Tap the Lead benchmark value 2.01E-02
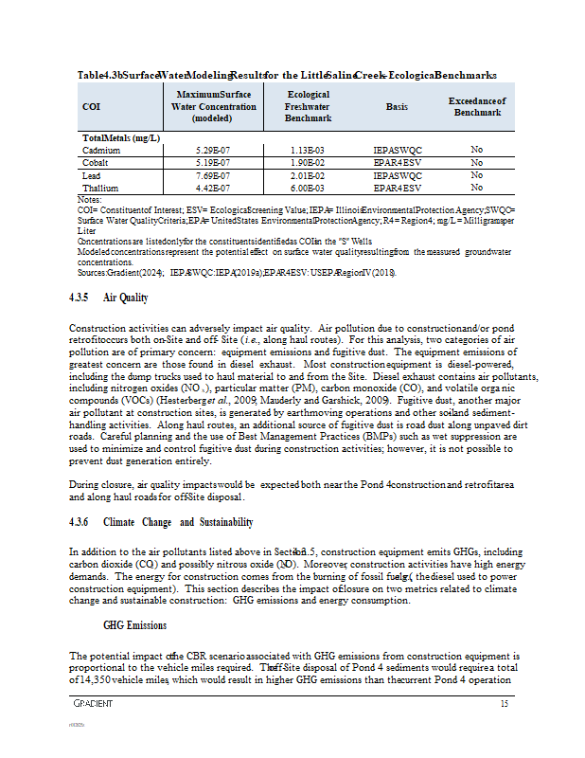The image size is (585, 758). [309, 175]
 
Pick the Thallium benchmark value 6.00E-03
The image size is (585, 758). [309, 188]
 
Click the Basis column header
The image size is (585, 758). [397, 107]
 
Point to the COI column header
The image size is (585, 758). [92, 107]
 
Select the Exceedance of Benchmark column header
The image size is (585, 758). [476, 107]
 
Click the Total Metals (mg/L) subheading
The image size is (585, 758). [120, 137]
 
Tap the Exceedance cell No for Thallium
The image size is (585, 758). [476, 188]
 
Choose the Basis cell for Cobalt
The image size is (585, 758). [397, 163]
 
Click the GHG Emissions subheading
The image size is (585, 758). [134, 625]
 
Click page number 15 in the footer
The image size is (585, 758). [505, 704]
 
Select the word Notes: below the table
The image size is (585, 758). [89, 200]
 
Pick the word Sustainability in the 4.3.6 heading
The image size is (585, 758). [223, 522]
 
